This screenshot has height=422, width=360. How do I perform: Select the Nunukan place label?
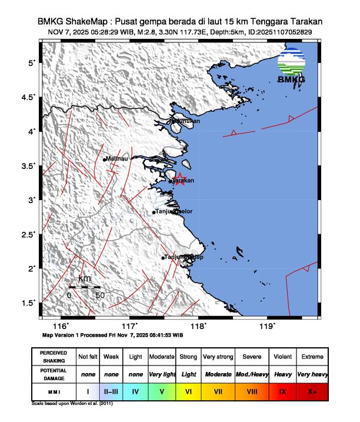pyautogui.click(x=186, y=121)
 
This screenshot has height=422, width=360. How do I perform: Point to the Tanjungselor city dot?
pyautogui.click(x=154, y=212)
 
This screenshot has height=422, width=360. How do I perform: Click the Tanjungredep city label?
pyautogui.click(x=183, y=257)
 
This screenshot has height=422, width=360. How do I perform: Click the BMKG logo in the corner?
pyautogui.click(x=291, y=66)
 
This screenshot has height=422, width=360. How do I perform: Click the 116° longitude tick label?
pyautogui.click(x=61, y=325)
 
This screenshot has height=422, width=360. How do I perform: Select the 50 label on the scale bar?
pyautogui.click(x=100, y=295)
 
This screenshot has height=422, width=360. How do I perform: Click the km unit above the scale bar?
pyautogui.click(x=85, y=278)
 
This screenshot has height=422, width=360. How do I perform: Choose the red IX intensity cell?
pyautogui.click(x=283, y=390)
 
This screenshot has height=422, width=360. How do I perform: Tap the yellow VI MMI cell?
pyautogui.click(x=188, y=390)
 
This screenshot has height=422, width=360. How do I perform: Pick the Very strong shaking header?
pyautogui.click(x=218, y=357)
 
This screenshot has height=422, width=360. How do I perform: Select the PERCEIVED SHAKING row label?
pyautogui.click(x=54, y=357)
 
